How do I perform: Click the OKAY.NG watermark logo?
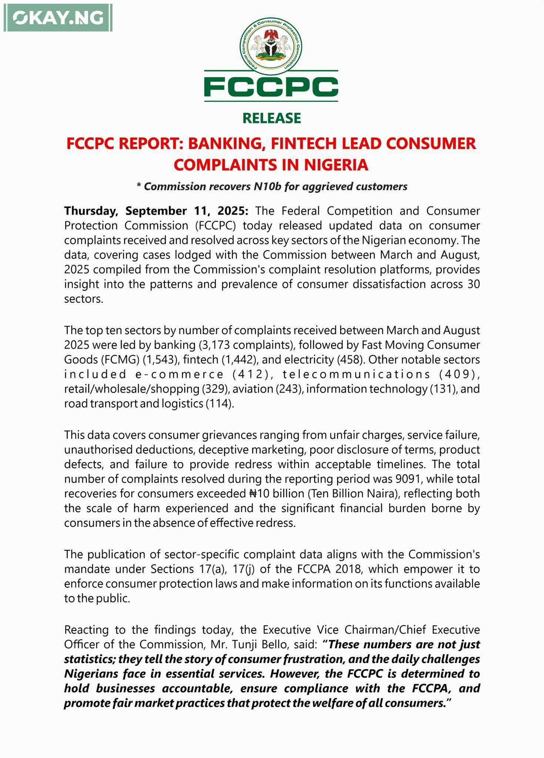(x=58, y=18)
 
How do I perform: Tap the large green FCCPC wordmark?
(x=271, y=87)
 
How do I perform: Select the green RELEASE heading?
(x=272, y=118)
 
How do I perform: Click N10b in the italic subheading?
(x=267, y=187)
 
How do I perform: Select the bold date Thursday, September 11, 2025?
(x=156, y=211)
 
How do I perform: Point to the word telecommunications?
(x=356, y=374)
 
